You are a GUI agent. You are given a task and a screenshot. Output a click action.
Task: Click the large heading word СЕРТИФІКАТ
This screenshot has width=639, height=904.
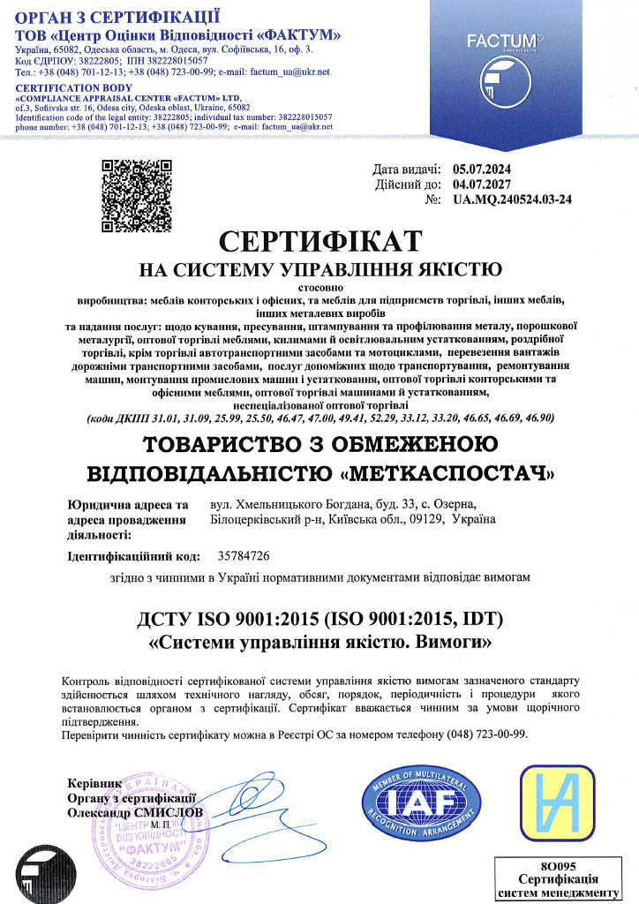click(319, 241)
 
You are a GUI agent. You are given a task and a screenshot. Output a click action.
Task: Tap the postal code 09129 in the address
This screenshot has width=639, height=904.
click(425, 520)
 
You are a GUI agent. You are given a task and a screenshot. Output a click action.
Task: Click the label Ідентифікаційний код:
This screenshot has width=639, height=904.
click(137, 557)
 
